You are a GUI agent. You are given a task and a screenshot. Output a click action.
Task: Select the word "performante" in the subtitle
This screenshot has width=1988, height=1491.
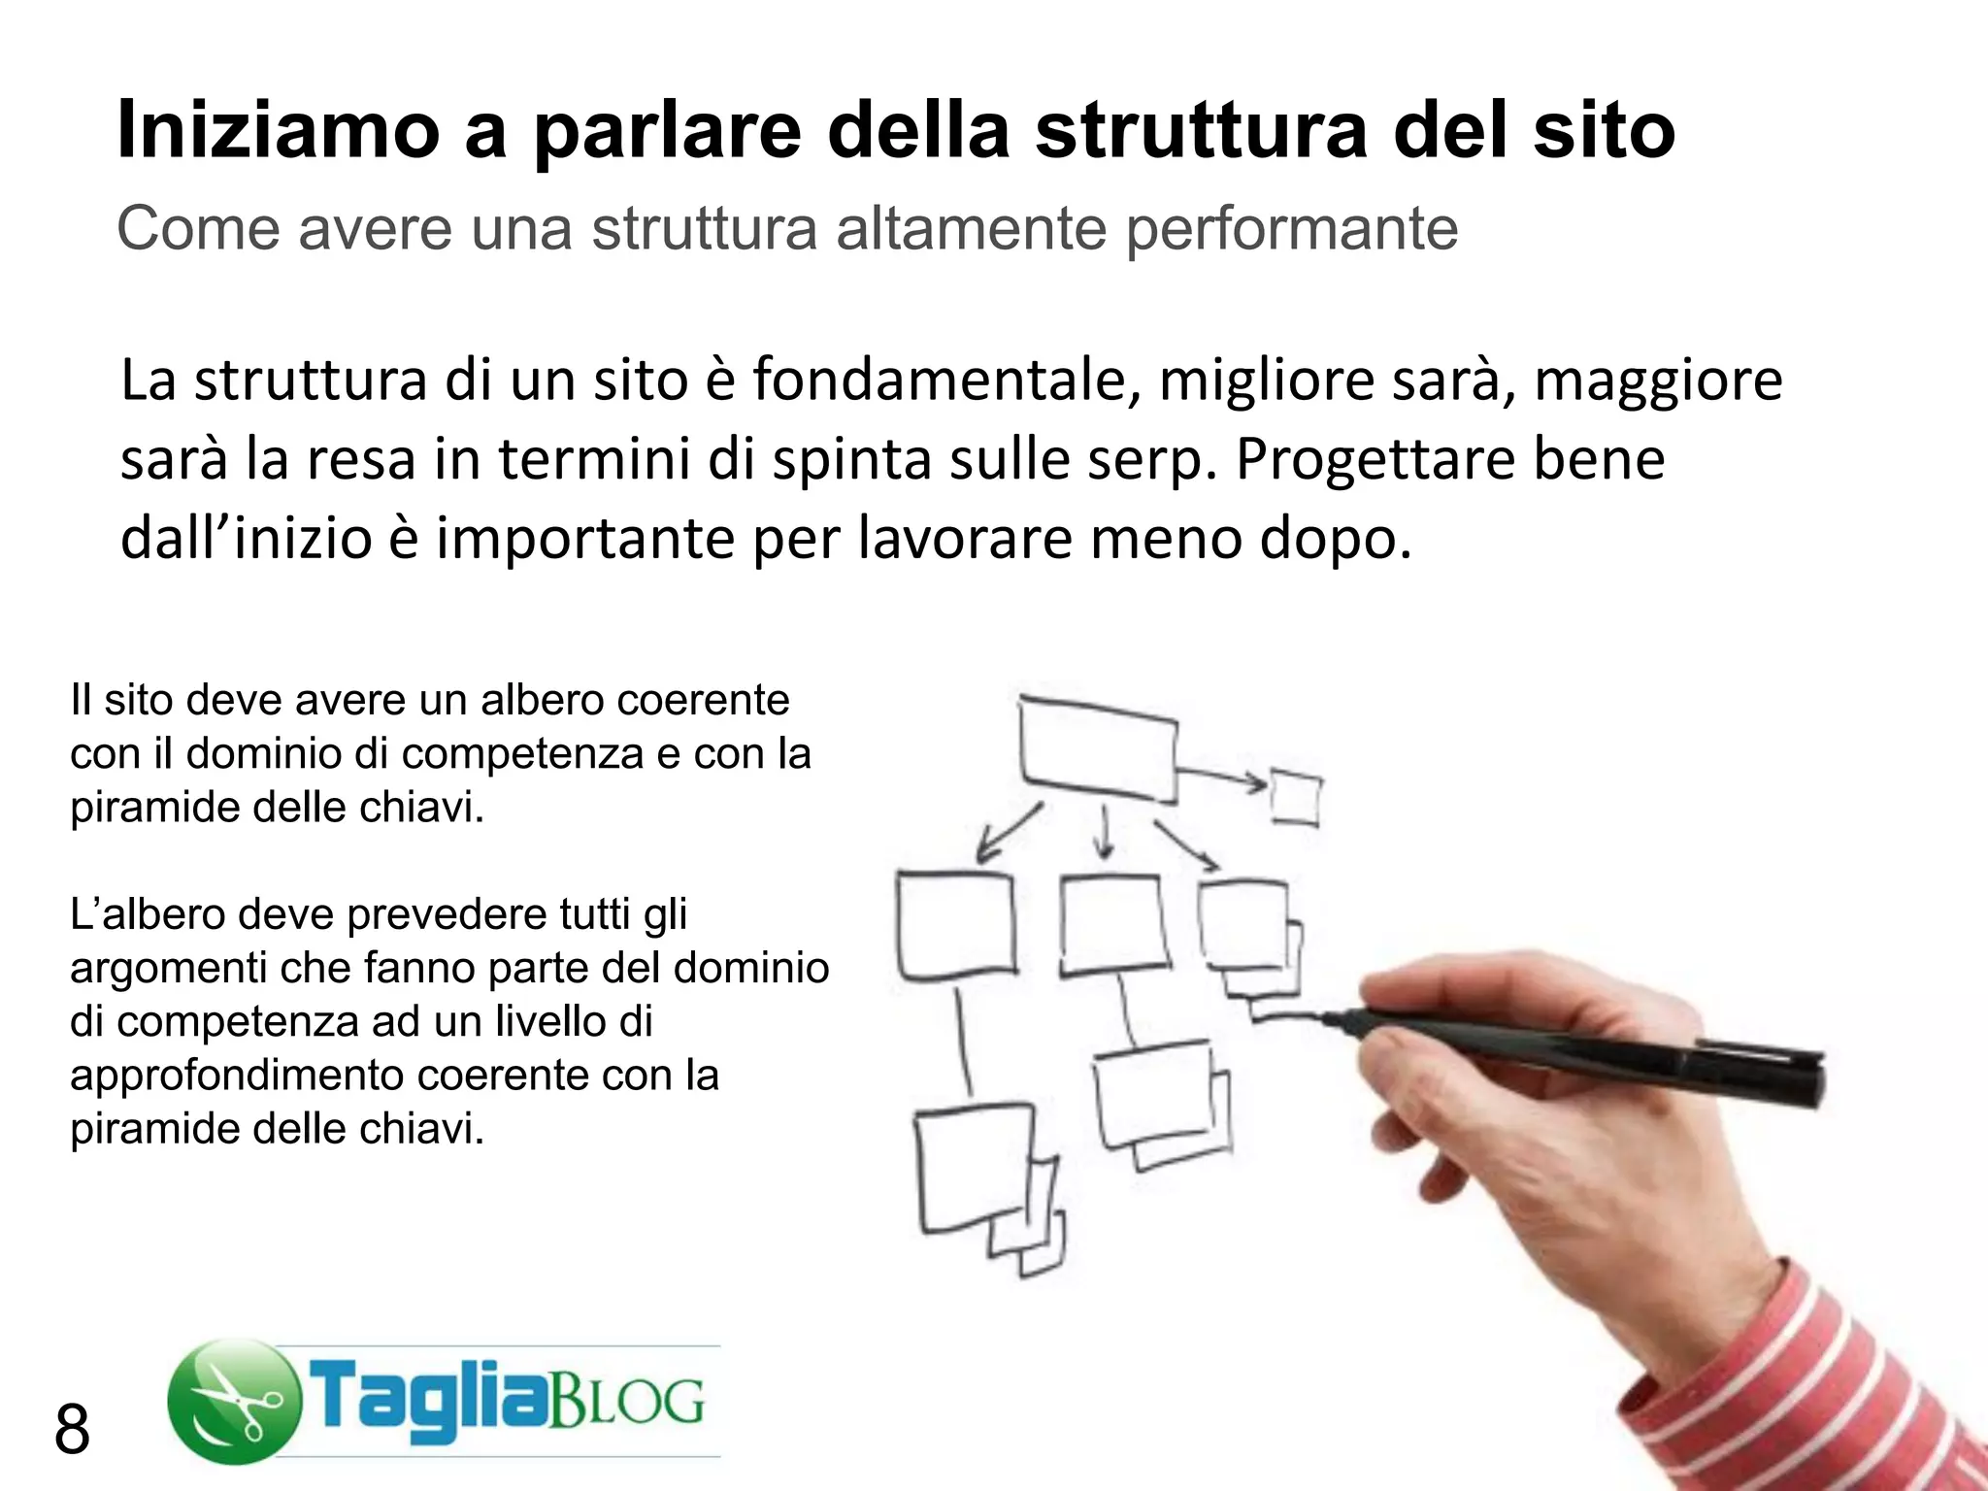pos(1291,231)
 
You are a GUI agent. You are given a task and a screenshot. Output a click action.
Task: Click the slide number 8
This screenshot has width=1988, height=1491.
pos(72,1430)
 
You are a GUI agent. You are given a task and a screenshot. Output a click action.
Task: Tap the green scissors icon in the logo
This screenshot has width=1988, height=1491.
pos(234,1401)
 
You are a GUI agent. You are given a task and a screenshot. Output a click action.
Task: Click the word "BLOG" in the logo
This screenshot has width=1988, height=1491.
pos(627,1401)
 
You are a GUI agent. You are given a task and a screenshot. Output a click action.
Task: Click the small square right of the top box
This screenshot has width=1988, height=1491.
pos(1296,798)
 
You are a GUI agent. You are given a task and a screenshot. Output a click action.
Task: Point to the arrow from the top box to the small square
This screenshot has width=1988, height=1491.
pos(1221,777)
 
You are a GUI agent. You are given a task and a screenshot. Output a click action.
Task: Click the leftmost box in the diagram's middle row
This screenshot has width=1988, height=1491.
pos(955,925)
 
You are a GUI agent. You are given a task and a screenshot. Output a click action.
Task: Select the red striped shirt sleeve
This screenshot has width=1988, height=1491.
pos(1825,1378)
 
